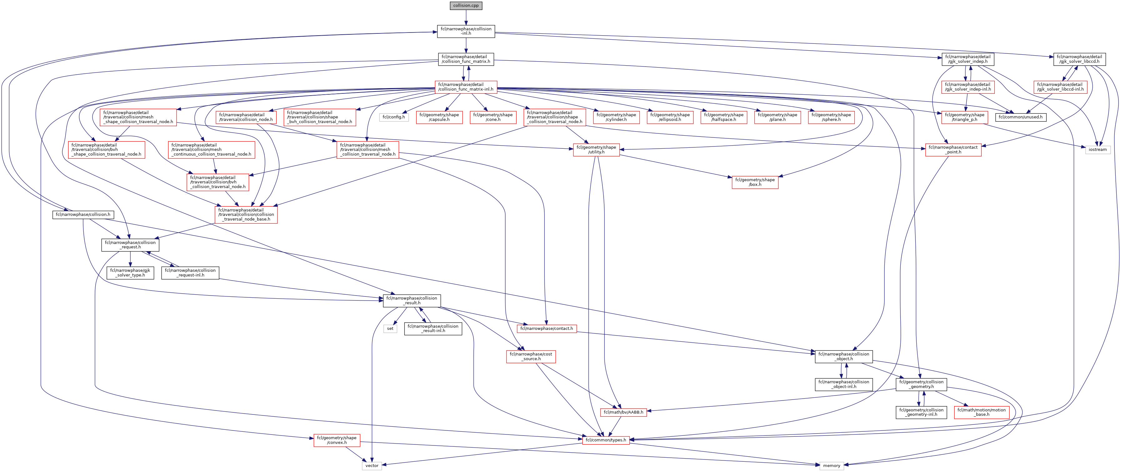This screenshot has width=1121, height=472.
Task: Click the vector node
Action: point(372,465)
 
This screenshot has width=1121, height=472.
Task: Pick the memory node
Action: point(831,465)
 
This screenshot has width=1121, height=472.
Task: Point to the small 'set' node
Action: point(390,328)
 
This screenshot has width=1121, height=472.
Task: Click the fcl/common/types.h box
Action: point(606,440)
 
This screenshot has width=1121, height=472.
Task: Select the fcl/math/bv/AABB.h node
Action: point(623,412)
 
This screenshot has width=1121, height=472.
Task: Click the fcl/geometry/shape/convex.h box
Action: point(337,440)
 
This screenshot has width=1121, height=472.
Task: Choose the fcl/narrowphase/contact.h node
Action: point(546,328)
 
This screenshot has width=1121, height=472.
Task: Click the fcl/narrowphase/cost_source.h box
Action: point(531,356)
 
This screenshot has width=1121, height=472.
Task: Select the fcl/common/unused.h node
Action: point(1020,117)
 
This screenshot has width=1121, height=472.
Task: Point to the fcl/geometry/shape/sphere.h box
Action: point(831,117)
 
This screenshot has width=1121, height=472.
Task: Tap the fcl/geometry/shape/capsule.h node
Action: point(439,117)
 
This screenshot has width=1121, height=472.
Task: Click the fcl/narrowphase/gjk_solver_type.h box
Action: point(130,273)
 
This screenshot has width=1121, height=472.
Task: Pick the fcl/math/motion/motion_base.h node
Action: point(981,412)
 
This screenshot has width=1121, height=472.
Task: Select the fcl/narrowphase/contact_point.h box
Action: point(953,150)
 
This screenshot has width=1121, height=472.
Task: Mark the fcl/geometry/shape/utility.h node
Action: point(596,150)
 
